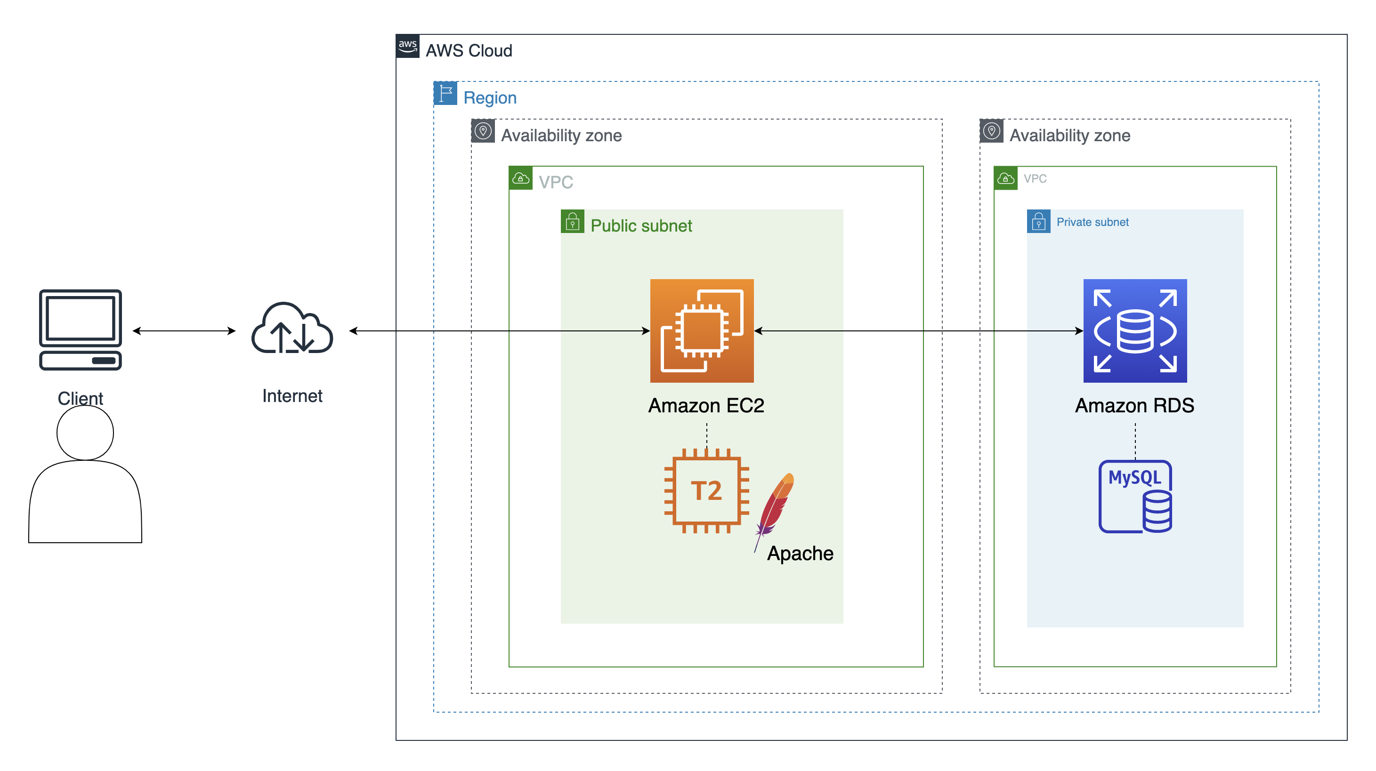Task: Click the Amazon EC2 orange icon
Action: click(x=701, y=330)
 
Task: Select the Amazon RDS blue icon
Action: click(x=1134, y=330)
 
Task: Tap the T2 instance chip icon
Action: click(x=706, y=490)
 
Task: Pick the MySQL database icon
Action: click(x=1134, y=497)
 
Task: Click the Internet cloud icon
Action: click(x=292, y=329)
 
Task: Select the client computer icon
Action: click(x=80, y=329)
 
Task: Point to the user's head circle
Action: click(x=85, y=433)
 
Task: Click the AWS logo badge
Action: click(x=407, y=46)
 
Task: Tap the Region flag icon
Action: click(x=445, y=94)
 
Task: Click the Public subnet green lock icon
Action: click(x=572, y=221)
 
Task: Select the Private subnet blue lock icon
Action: click(x=1038, y=221)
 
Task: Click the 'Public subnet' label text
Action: click(x=641, y=226)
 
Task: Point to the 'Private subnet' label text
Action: click(x=1093, y=222)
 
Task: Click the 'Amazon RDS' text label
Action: click(x=1134, y=406)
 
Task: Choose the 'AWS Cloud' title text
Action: click(x=469, y=51)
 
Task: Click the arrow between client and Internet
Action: click(x=184, y=331)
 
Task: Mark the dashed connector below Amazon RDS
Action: click(x=1135, y=441)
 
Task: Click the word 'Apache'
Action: click(x=800, y=554)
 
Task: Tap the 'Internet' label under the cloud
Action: click(x=292, y=396)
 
